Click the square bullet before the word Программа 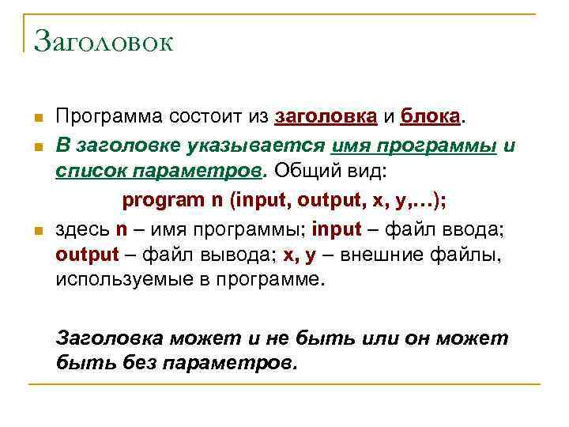[x=37, y=119]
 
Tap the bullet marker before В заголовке [x=37, y=147]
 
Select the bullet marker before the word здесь [x=37, y=231]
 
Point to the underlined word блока [x=430, y=118]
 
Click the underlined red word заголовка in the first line [x=326, y=118]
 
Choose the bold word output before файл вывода [x=87, y=255]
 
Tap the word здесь [x=82, y=229]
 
